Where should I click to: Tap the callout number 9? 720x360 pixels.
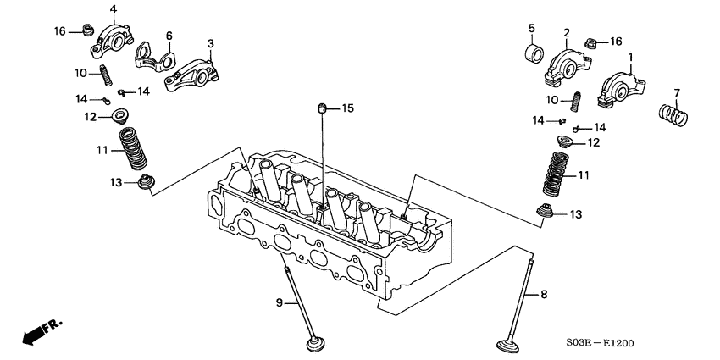tap(279, 302)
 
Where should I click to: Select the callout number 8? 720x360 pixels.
tap(544, 295)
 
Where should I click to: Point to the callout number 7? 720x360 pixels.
tap(677, 92)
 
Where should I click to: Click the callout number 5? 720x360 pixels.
tap(532, 27)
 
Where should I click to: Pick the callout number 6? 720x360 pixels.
tap(169, 36)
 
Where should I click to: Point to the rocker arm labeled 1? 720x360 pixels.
tap(622, 88)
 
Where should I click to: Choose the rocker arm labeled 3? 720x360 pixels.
tap(194, 68)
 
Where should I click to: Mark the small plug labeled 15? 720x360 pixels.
tap(323, 108)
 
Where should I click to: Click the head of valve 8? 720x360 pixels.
tap(514, 345)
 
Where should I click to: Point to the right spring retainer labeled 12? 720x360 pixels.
tap(562, 141)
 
